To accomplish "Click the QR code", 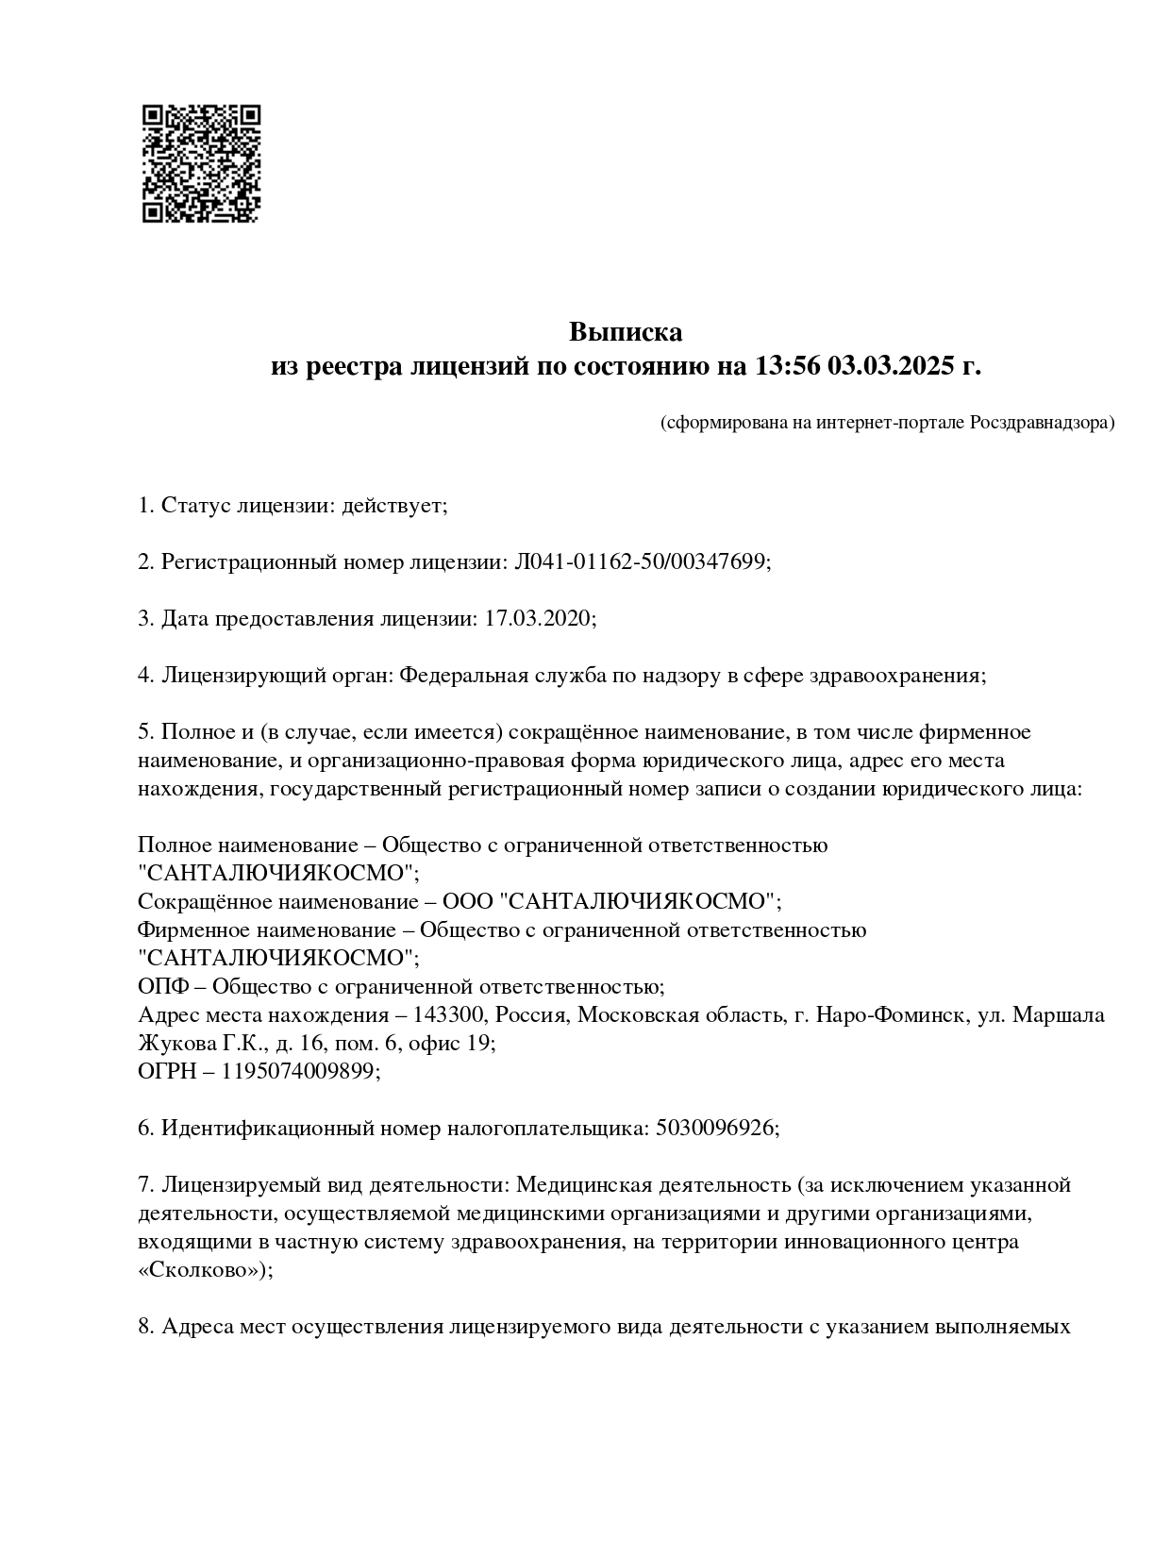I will tap(201, 163).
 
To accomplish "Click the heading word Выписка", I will tap(625, 332).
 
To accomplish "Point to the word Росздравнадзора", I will tap(1041, 423).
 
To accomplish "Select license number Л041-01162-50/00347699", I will tap(640, 562).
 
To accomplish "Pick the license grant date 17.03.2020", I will tap(538, 619).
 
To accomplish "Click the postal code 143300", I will tap(451, 1015).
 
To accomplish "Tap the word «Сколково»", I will tap(201, 1270).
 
